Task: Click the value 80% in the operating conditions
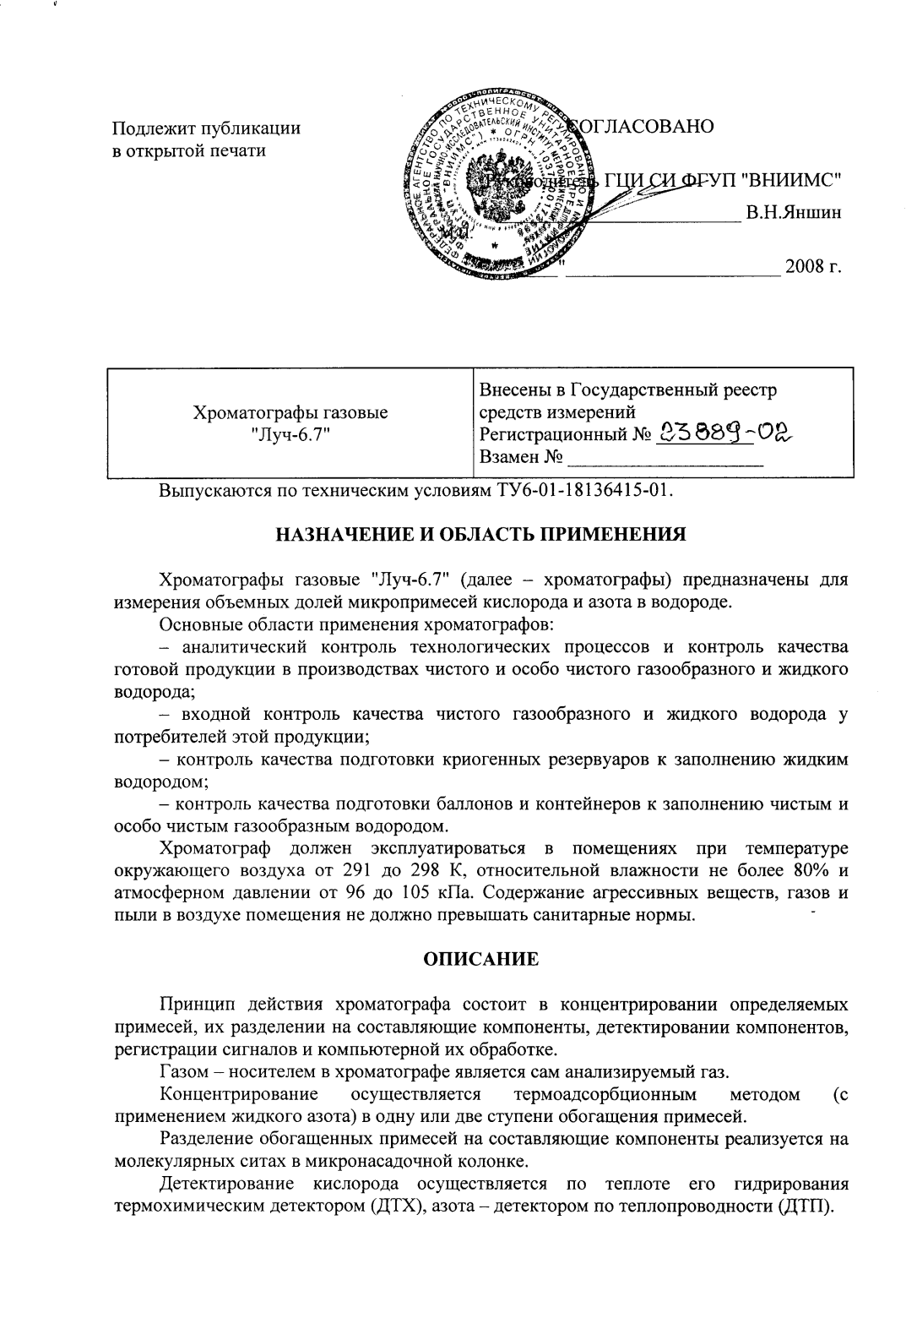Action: point(803,869)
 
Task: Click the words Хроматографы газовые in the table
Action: point(291,413)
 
